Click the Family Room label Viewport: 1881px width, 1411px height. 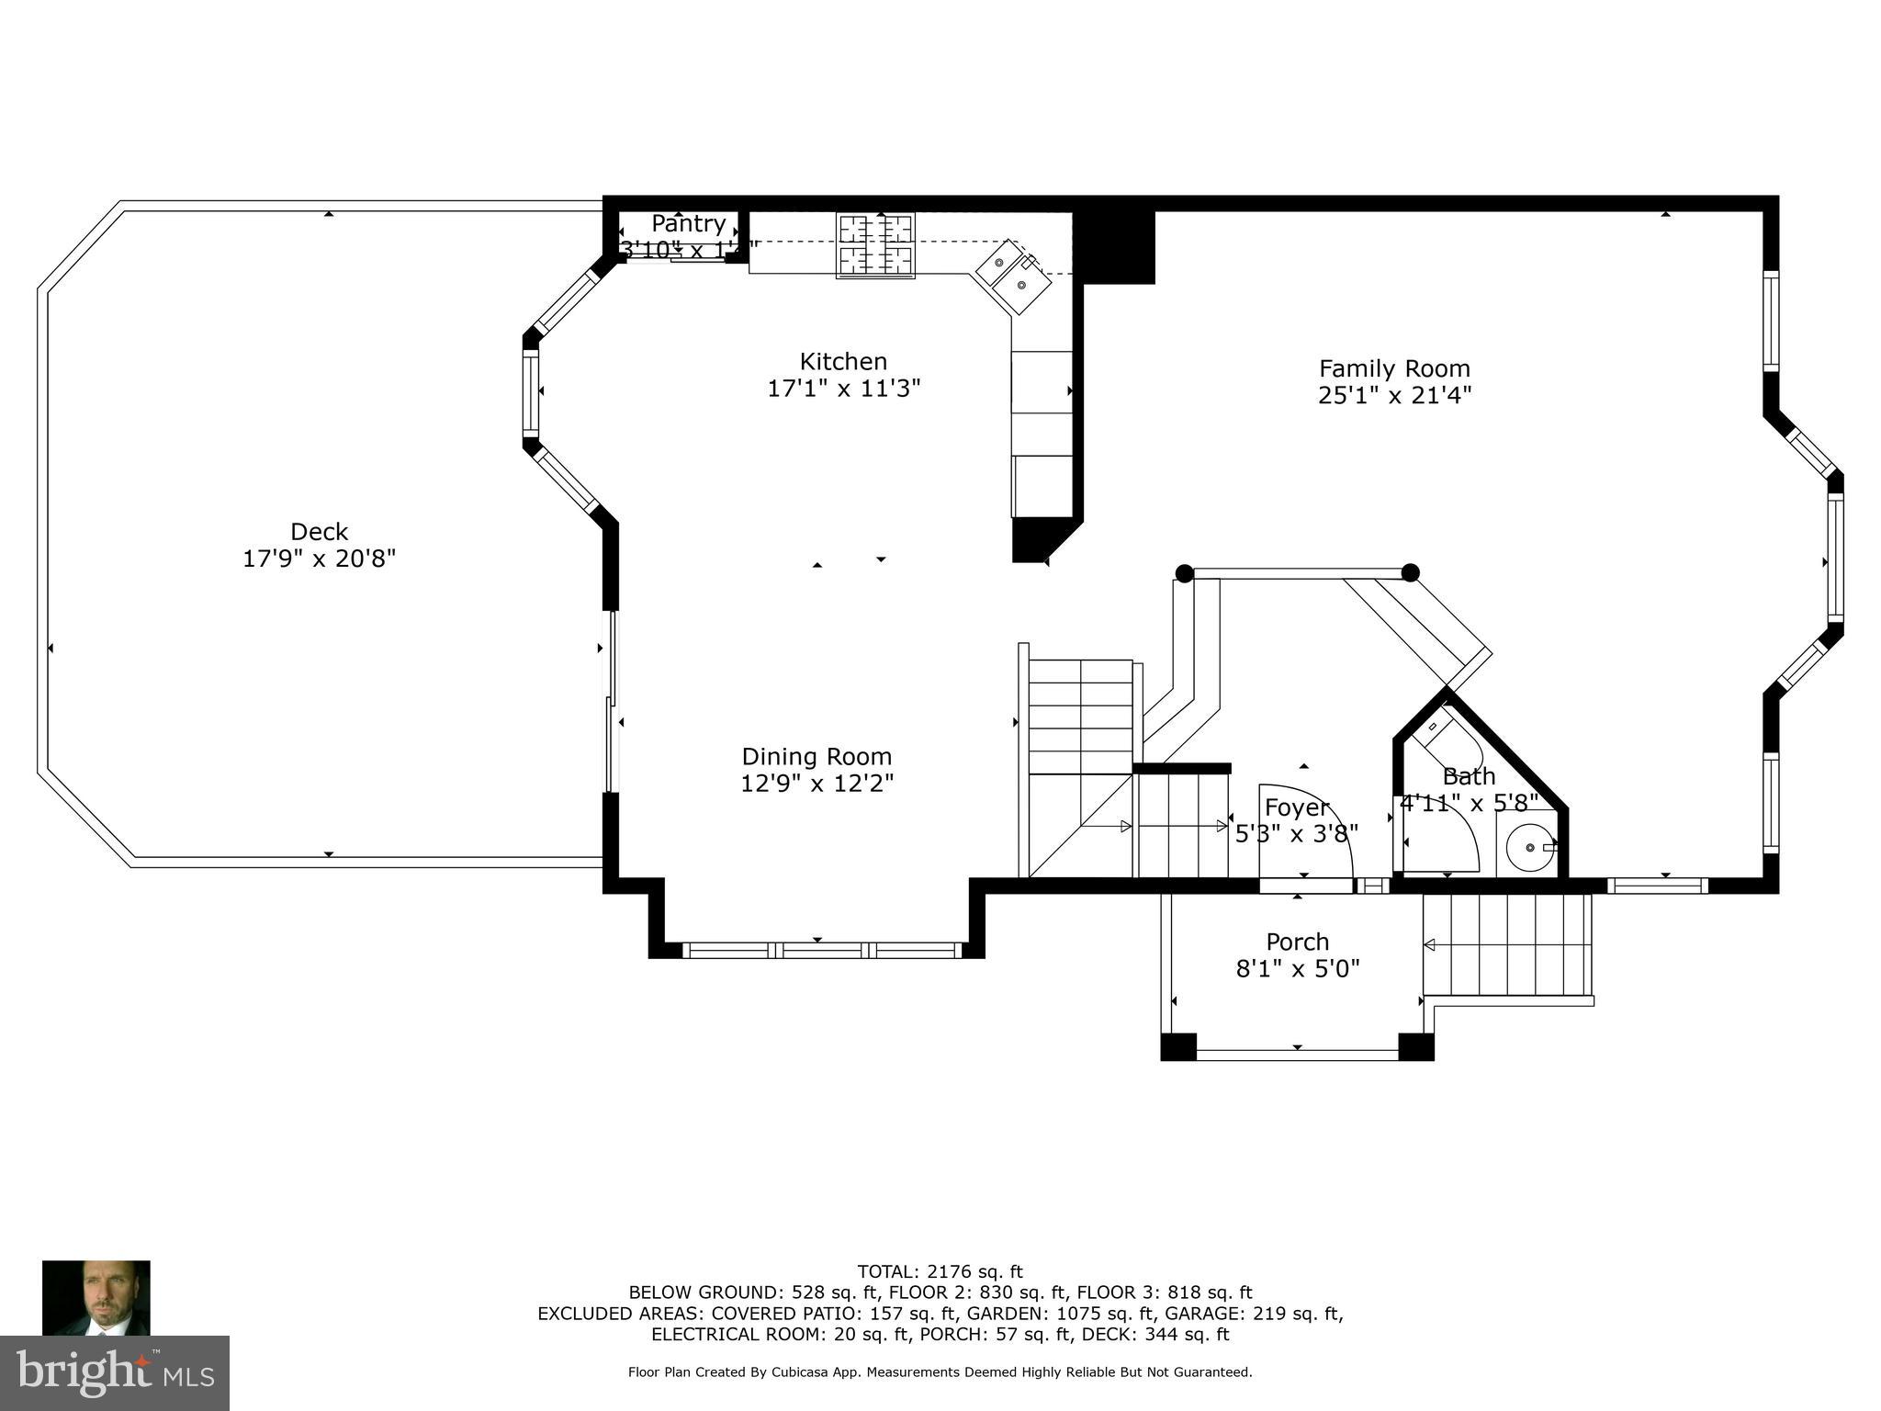[1394, 369]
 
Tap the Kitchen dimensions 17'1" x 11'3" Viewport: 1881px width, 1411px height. [843, 389]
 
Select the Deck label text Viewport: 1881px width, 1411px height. [319, 532]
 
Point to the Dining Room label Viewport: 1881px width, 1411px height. [817, 757]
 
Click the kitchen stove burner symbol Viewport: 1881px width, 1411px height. [875, 245]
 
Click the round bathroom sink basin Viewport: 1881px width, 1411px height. [1530, 847]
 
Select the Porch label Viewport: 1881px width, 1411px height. [1297, 943]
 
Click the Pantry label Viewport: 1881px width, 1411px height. [688, 223]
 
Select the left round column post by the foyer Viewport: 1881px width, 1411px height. [1185, 573]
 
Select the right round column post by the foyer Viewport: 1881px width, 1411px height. [1411, 573]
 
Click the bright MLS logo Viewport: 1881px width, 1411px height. [115, 1372]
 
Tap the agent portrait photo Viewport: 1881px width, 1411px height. [96, 1297]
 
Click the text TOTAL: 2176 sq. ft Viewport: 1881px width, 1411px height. [940, 1272]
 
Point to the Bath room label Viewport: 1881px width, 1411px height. [1469, 776]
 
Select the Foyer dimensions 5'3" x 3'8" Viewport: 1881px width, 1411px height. [1296, 834]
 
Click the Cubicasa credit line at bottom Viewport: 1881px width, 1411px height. [940, 1372]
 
